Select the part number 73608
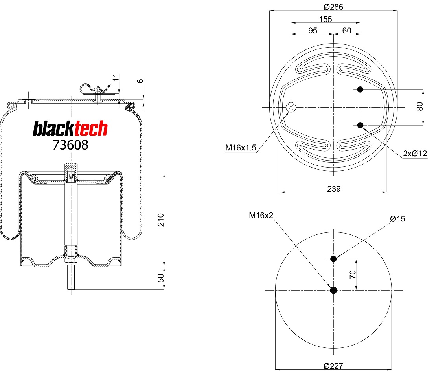(x=70, y=145)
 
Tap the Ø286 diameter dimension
(x=333, y=7)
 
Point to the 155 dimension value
(x=325, y=19)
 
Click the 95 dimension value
(x=313, y=31)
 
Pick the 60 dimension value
(x=346, y=31)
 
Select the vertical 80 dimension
(x=420, y=106)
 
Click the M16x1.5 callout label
(x=241, y=148)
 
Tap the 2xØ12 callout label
(x=415, y=154)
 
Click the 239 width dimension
(x=334, y=188)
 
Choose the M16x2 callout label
(x=261, y=215)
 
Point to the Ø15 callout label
(x=397, y=219)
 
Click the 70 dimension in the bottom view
(x=353, y=274)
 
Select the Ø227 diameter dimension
(x=333, y=366)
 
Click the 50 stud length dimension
(x=160, y=278)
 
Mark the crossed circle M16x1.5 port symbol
(x=291, y=107)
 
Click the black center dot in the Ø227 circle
(x=333, y=290)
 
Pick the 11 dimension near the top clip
(x=115, y=77)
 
